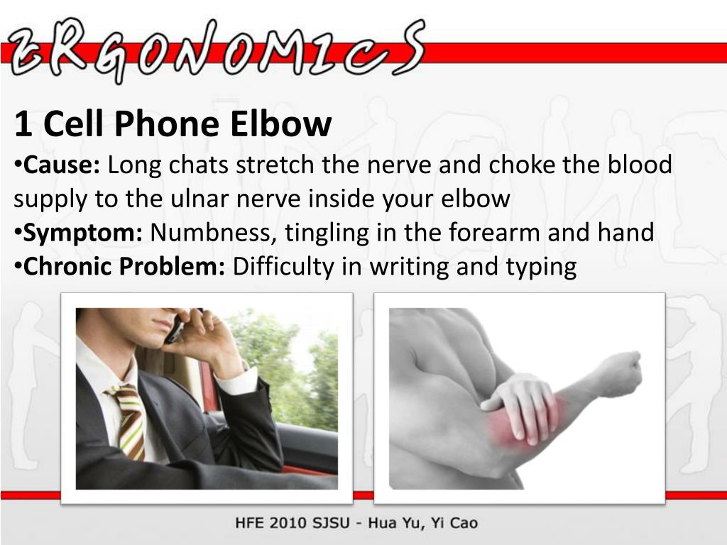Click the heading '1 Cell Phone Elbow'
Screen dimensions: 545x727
click(173, 125)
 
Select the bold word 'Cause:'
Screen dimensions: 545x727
click(62, 165)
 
